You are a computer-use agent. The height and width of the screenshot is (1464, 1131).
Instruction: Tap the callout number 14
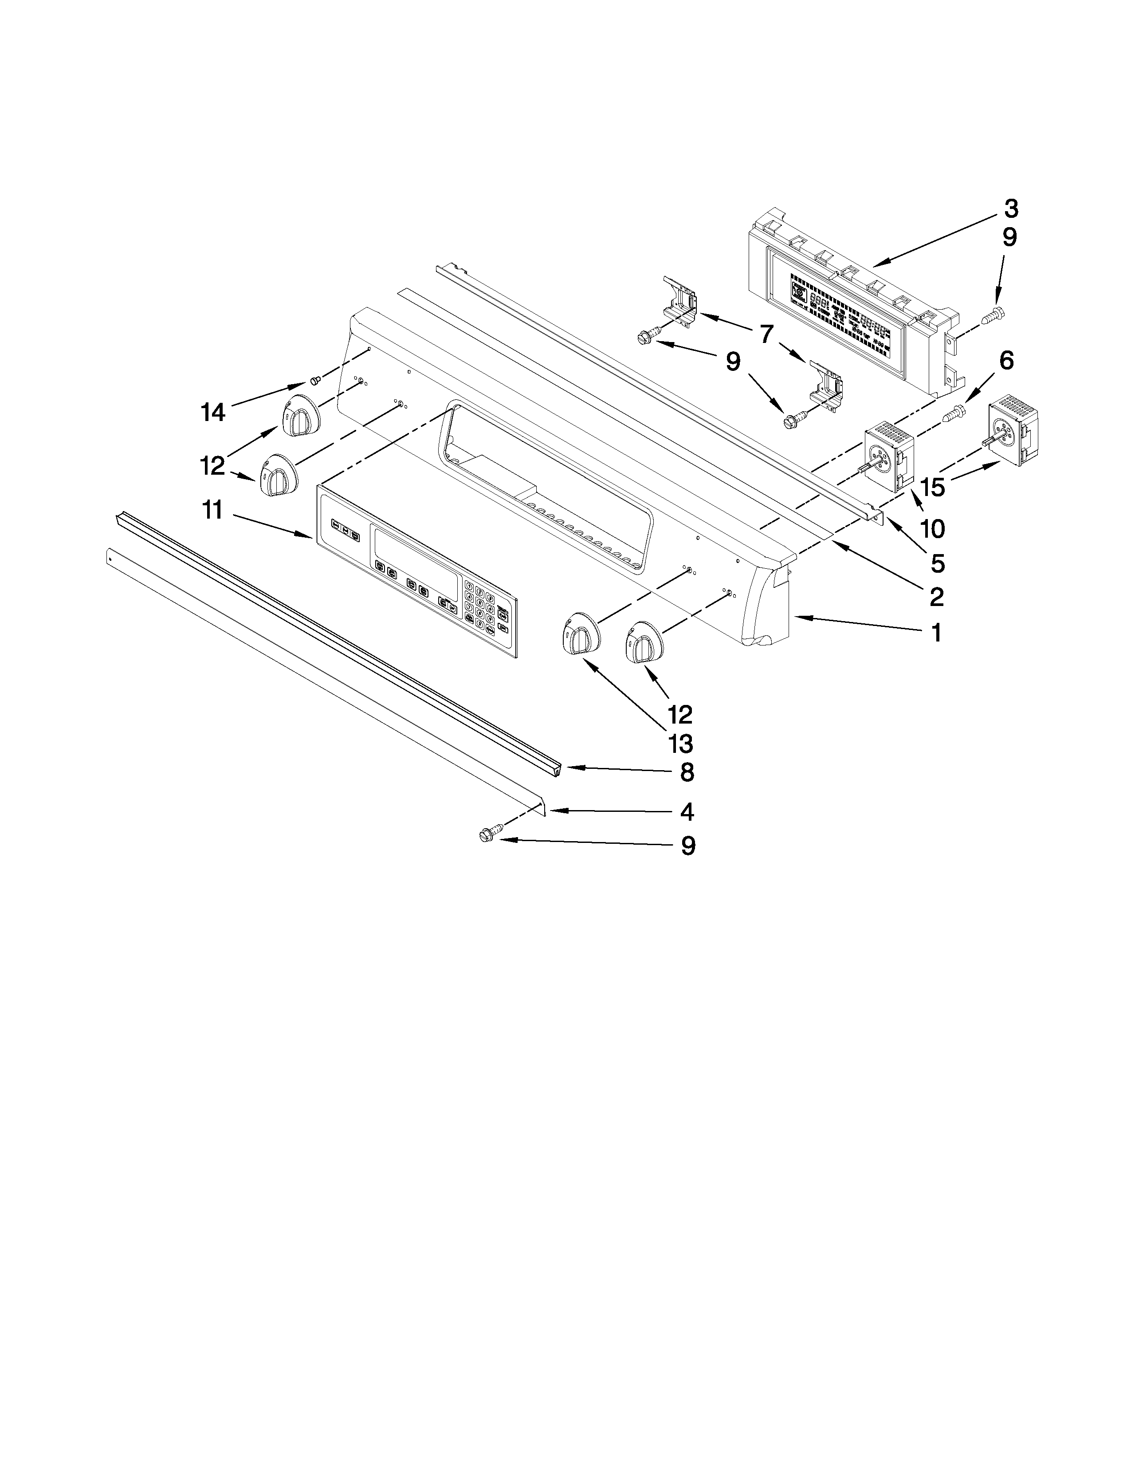[213, 412]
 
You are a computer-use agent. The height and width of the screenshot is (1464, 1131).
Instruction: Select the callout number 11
[212, 510]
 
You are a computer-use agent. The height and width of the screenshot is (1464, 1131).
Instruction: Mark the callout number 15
[932, 487]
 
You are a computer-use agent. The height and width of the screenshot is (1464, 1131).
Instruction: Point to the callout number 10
[932, 529]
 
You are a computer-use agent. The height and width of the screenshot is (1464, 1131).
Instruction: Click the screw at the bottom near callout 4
[487, 834]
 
